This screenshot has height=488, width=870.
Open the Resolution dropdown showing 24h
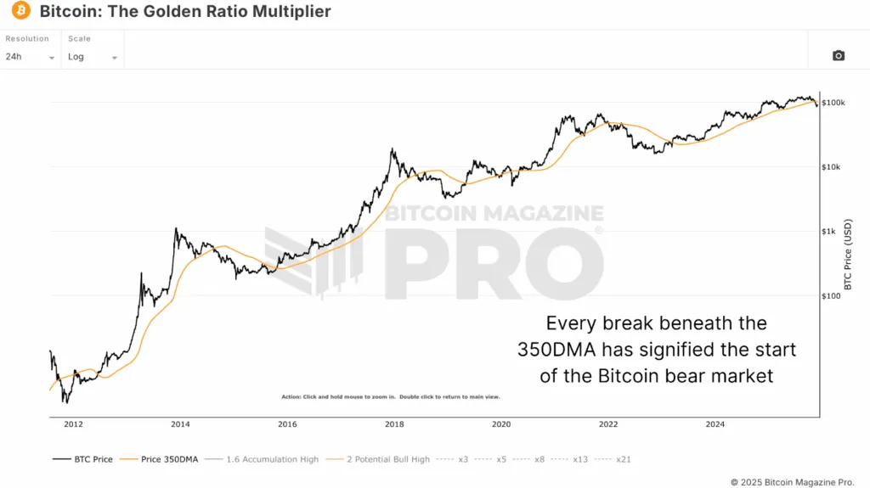pyautogui.click(x=30, y=57)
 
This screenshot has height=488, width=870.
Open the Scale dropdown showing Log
pyautogui.click(x=93, y=57)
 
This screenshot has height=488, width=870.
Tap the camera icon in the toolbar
pyautogui.click(x=838, y=56)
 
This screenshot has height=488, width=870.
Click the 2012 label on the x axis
pyautogui.click(x=73, y=424)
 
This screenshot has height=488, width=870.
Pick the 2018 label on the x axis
pyautogui.click(x=394, y=424)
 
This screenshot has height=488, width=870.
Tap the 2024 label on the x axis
pyautogui.click(x=715, y=424)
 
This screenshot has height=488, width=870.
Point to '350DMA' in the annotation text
pyautogui.click(x=558, y=350)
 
